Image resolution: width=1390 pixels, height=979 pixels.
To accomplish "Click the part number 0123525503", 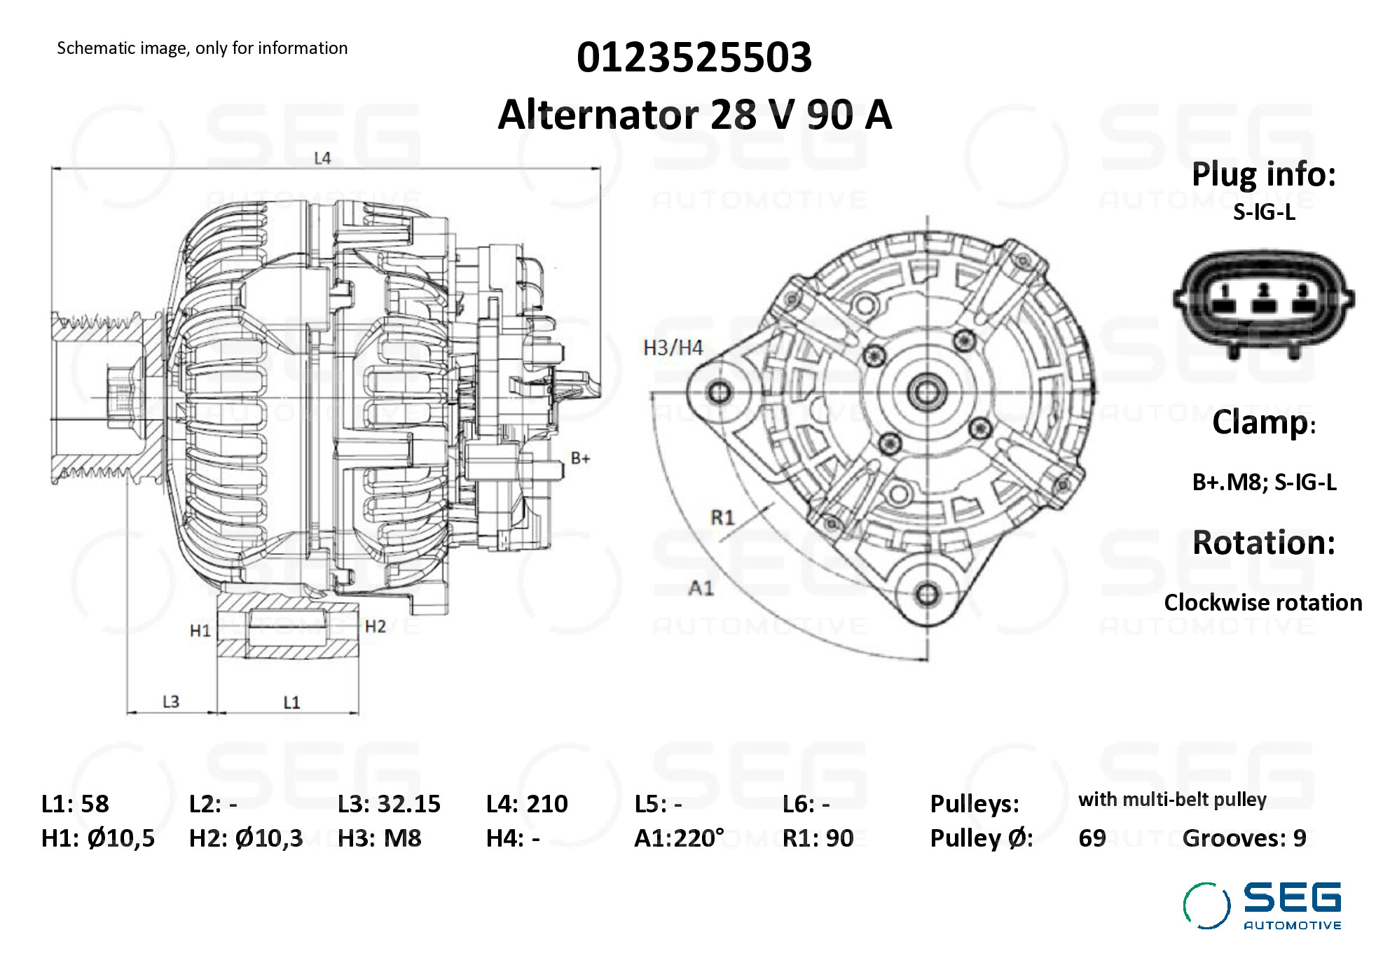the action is point(694,57).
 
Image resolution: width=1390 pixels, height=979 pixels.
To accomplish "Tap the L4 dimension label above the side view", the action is point(322,158).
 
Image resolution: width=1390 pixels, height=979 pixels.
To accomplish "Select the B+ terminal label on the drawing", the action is point(580,458).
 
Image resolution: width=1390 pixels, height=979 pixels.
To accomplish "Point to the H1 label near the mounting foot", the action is point(200,631).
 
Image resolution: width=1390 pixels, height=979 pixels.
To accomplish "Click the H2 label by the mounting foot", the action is point(376,626).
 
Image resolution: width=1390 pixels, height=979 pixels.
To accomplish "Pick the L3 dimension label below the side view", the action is point(171,701).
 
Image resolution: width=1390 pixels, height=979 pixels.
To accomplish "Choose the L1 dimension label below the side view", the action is point(291,702).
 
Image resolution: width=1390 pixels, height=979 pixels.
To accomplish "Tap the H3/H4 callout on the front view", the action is point(673,347).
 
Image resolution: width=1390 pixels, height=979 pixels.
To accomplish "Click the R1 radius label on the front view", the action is point(722,518).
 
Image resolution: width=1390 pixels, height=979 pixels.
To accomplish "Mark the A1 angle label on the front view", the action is point(701,588).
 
